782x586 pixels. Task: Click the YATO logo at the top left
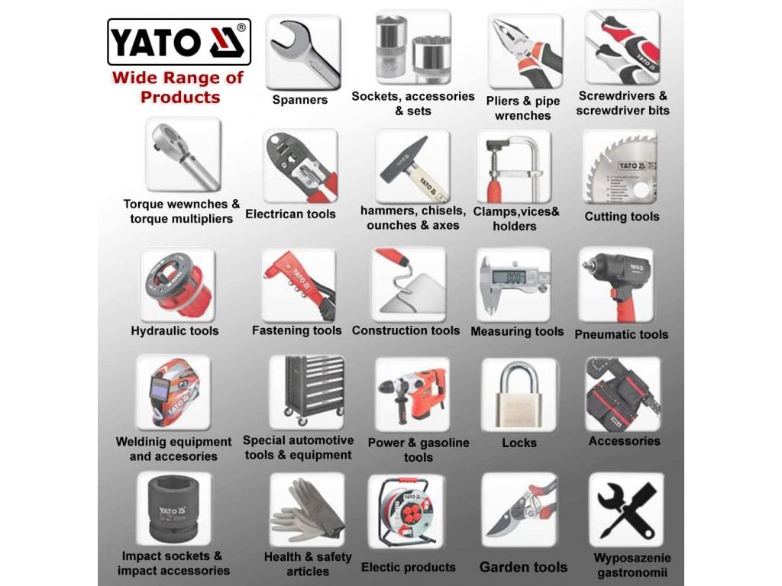click(x=179, y=42)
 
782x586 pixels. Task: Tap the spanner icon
click(x=303, y=53)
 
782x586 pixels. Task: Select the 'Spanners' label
click(x=299, y=100)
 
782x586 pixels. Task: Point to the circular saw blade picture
click(x=620, y=166)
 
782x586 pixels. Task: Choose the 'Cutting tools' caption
click(x=622, y=216)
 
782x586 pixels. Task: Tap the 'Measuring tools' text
click(x=517, y=331)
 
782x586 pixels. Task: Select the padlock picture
click(x=519, y=394)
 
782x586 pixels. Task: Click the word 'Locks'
click(x=519, y=443)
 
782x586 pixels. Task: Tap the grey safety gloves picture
click(x=307, y=510)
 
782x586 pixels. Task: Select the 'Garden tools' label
click(x=523, y=567)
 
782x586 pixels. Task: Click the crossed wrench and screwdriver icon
click(x=626, y=510)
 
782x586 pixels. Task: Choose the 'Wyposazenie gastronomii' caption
click(x=632, y=565)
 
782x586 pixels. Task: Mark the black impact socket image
click(x=173, y=509)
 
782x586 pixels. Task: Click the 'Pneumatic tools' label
click(x=622, y=334)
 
